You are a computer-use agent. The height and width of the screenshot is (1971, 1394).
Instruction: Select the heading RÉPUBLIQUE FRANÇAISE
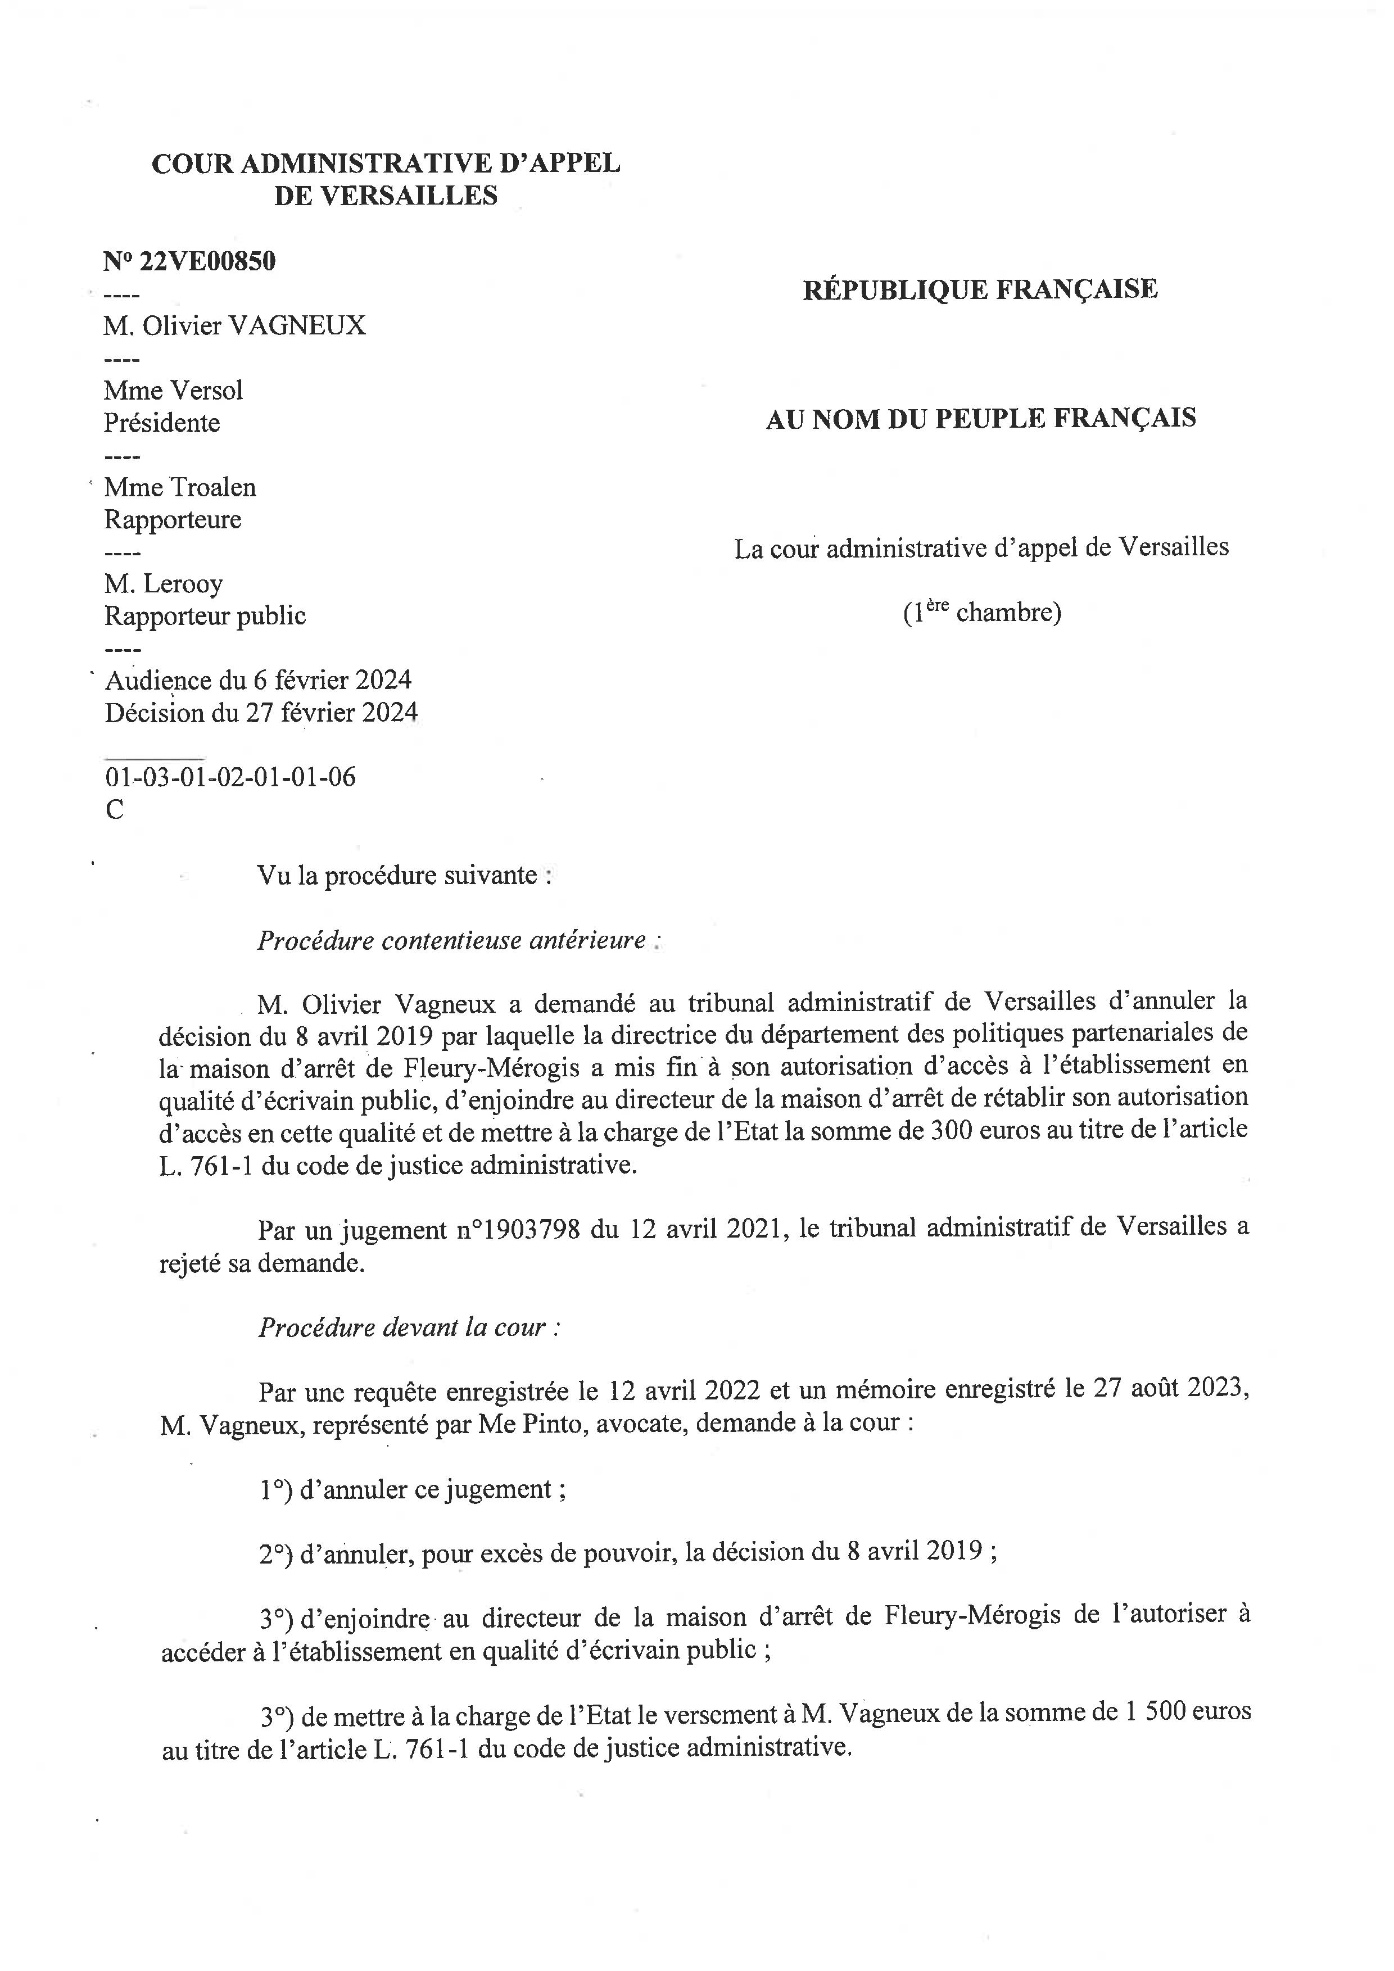tap(979, 289)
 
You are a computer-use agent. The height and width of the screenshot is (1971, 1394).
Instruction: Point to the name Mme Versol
tap(173, 391)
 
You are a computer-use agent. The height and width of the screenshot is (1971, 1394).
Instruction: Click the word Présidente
tap(162, 423)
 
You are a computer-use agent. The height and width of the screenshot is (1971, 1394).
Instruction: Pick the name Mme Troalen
tap(180, 488)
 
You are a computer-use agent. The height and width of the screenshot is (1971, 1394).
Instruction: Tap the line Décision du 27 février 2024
tap(261, 713)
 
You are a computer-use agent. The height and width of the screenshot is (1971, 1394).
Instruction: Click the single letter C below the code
tap(114, 809)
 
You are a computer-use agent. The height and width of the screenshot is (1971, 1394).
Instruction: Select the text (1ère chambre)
tap(981, 612)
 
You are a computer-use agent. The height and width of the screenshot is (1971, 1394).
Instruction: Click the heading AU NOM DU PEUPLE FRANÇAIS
tap(980, 419)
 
